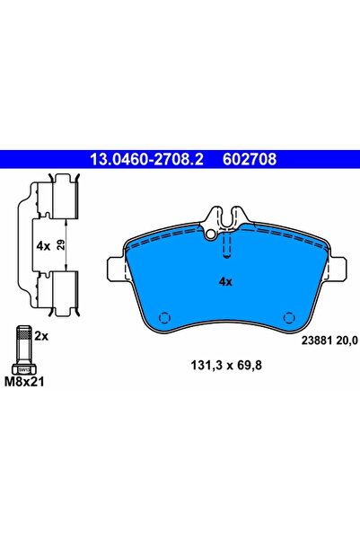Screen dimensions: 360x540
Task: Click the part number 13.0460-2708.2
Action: click(146, 159)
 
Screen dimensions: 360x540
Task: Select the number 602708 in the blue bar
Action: click(250, 159)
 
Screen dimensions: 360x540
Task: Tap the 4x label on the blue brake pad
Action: click(225, 282)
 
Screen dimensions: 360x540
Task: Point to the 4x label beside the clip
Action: click(43, 246)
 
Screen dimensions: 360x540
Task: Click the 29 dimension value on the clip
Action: click(61, 245)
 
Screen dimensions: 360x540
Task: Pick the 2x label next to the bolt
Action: click(41, 336)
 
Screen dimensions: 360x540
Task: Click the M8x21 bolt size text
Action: click(24, 382)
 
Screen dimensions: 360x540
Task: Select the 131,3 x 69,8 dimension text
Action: click(226, 365)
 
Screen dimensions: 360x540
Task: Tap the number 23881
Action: click(317, 341)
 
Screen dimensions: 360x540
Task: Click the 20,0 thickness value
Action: click(347, 341)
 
